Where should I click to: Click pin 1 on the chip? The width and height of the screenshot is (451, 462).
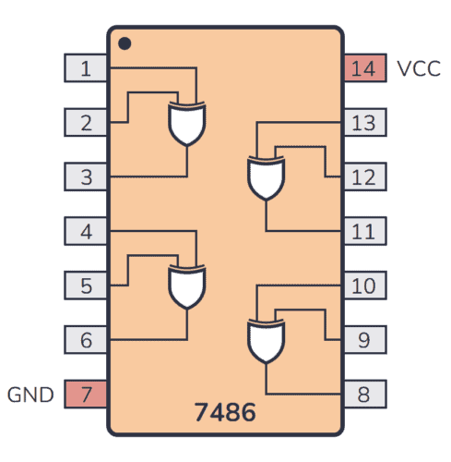pos(86,67)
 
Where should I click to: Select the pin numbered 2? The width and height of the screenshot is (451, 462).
pos(86,122)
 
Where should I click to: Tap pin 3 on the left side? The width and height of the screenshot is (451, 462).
pos(86,176)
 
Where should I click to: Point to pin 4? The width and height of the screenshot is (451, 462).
pos(86,231)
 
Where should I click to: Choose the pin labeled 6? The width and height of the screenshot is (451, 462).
pos(86,340)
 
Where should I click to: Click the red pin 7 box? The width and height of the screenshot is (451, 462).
pos(86,395)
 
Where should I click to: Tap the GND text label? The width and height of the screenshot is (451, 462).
pos(31,395)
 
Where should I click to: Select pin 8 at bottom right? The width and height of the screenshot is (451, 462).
pos(364,395)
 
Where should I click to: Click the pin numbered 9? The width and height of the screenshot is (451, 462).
pos(364,340)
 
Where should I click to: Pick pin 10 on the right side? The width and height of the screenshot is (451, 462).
pos(364,286)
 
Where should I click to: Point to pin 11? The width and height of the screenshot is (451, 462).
pos(364,231)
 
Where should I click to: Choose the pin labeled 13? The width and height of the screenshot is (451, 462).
pos(364,122)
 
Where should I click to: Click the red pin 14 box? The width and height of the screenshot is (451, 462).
pos(364,67)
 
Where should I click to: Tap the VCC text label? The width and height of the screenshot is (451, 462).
pos(419,68)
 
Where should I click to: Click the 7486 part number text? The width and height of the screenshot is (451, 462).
pos(225,411)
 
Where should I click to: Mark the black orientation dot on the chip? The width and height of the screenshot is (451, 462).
pos(125,43)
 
